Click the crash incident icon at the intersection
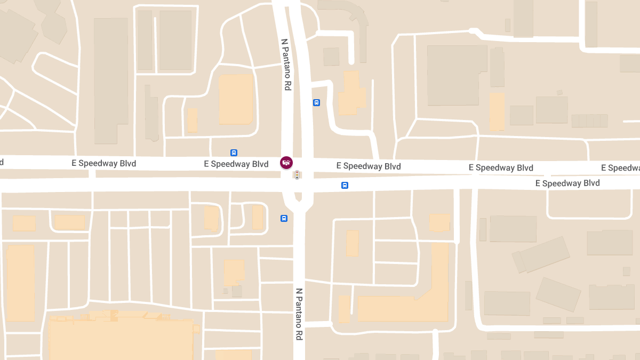pyautogui.click(x=286, y=162)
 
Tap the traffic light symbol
pyautogui.click(x=297, y=174)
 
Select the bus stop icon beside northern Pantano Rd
pyautogui.click(x=316, y=102)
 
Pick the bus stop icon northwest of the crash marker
pyautogui.click(x=234, y=153)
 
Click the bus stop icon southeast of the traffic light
pyautogui.click(x=345, y=186)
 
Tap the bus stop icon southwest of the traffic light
pyautogui.click(x=284, y=218)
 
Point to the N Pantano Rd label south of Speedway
pyautogui.click(x=299, y=315)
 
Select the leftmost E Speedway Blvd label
pyautogui.click(x=104, y=163)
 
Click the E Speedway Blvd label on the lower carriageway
pyautogui.click(x=567, y=183)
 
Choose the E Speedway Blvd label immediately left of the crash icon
pyautogui.click(x=236, y=164)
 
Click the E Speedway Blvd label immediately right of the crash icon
pyautogui.click(x=369, y=166)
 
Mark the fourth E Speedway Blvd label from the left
pyautogui.click(x=501, y=167)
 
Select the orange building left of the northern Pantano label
pyautogui.click(x=236, y=99)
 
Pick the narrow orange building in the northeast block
pyautogui.click(x=497, y=111)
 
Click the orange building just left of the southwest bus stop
pyautogui.click(x=258, y=218)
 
